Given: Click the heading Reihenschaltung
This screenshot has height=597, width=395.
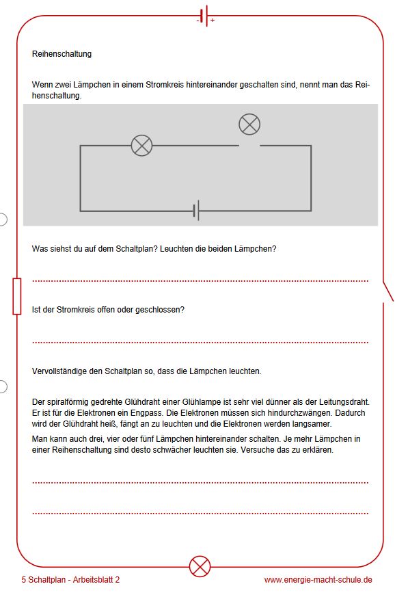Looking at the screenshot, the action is point(62,54).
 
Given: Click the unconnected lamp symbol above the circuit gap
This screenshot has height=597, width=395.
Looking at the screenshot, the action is point(249,124).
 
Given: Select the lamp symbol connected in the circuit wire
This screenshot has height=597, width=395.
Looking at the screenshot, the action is point(141,146).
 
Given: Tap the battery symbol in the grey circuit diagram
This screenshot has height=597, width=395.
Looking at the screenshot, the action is point(196,210).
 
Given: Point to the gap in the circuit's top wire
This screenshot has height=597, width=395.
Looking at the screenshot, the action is point(249,146).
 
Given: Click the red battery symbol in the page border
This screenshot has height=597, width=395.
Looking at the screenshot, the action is point(206,16).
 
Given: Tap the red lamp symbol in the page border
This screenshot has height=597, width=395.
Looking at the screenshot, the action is point(200,566).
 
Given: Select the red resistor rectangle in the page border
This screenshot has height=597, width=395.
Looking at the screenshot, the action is point(17,296).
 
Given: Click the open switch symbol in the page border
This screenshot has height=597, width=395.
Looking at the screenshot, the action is point(387,292).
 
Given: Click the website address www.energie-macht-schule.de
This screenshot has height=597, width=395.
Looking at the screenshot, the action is point(318,580).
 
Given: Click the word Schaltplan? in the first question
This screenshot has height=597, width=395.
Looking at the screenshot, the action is point(137,249).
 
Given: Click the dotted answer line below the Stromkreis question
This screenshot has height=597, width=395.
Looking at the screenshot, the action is point(200,343).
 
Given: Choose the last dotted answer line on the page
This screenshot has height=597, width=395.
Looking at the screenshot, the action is point(200,514).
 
